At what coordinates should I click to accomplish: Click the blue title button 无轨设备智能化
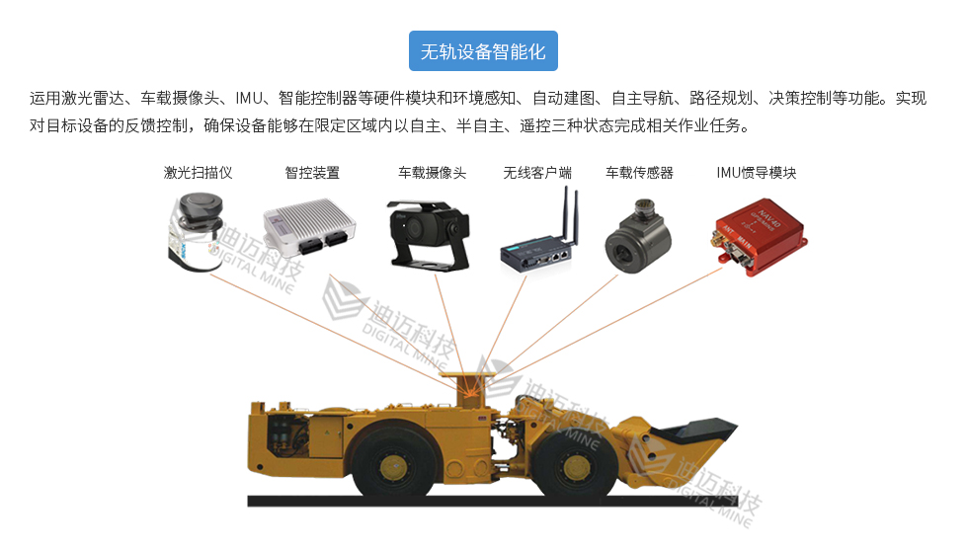[x=483, y=51]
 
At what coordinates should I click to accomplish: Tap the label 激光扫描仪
[x=198, y=173]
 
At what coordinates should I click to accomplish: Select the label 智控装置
[x=312, y=173]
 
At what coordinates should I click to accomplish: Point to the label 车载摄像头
[x=433, y=173]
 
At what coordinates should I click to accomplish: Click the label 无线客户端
[x=537, y=173]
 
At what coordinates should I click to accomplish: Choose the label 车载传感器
[x=639, y=173]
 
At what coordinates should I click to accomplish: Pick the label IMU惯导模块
[x=757, y=173]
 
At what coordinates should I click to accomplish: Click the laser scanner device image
[x=196, y=233]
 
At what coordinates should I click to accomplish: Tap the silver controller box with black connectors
[x=308, y=227]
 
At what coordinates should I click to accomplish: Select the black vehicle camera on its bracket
[x=429, y=235]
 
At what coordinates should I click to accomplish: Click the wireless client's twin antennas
[x=569, y=216]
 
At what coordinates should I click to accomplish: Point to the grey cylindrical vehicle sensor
[x=635, y=236]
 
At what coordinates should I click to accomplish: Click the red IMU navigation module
[x=761, y=236]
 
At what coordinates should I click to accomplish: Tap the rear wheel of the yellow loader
[x=393, y=460]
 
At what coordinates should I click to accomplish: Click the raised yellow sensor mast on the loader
[x=472, y=388]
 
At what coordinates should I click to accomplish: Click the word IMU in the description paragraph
[x=249, y=98]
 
